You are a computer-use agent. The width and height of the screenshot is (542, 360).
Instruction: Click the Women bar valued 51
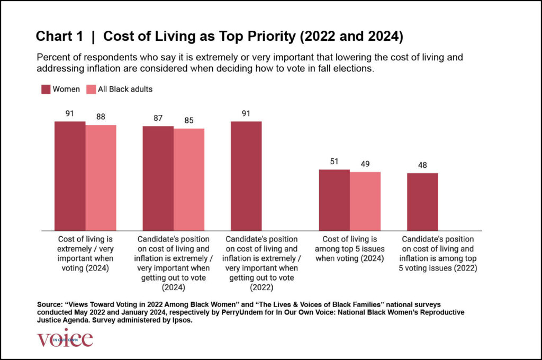tap(334, 200)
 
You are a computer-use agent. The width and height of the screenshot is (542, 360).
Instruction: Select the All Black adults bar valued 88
tap(101, 177)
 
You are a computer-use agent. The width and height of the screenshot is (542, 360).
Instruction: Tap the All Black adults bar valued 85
tap(189, 179)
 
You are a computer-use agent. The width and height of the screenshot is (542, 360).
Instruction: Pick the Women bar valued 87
tap(158, 178)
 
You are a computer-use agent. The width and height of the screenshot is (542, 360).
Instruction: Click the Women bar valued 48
tap(422, 202)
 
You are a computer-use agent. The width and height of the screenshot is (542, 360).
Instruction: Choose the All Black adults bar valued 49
tap(365, 201)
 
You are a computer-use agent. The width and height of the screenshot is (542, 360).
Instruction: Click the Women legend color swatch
tap(46, 89)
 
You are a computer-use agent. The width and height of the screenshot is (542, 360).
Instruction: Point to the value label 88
tap(101, 116)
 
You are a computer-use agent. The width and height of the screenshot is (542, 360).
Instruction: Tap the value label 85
tap(189, 120)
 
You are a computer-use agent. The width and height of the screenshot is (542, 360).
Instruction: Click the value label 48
tap(422, 165)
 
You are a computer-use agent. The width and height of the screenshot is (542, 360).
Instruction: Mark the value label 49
tap(365, 164)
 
